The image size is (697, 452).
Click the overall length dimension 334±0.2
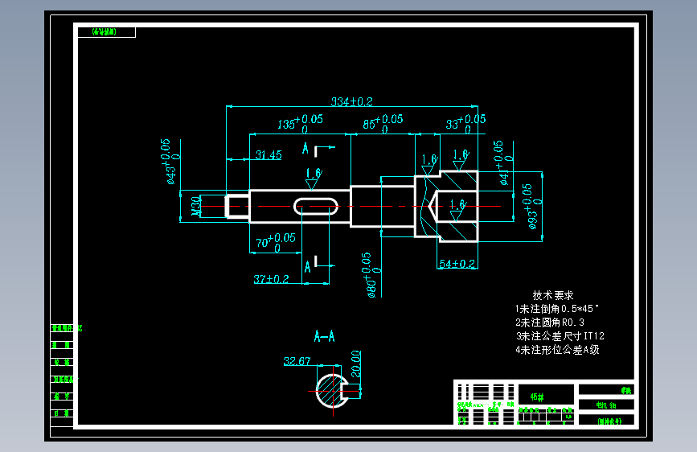351,101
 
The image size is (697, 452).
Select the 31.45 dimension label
268,154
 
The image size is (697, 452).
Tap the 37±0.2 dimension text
271,278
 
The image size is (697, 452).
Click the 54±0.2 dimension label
457,263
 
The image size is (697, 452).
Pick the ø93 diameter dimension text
531,206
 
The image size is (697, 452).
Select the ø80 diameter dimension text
371,275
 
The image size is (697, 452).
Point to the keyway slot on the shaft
316,207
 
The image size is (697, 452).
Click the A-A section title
326,335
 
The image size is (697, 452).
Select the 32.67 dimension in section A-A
297,362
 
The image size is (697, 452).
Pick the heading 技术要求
553,295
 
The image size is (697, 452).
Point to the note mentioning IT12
560,336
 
